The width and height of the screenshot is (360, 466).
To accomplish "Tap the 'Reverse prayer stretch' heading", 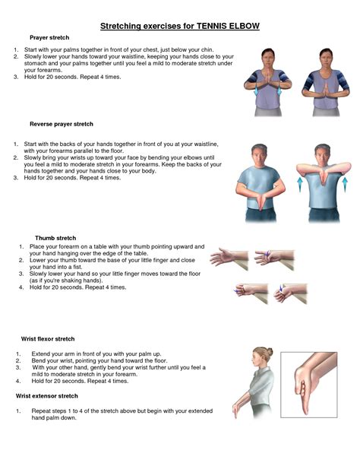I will (62, 123).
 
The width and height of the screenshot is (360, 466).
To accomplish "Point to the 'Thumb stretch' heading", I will (57, 238).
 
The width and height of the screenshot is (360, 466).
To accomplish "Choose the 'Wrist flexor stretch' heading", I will (47, 338).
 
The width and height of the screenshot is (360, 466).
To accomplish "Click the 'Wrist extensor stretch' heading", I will (47, 396).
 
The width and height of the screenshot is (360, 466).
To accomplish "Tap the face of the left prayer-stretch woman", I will (270, 59).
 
